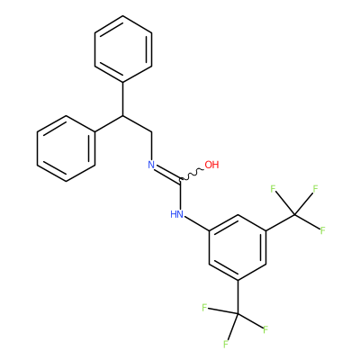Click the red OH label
[x=211, y=165]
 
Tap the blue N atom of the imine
[x=151, y=165]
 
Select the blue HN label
[x=176, y=214]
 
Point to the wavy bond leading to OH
[x=192, y=175]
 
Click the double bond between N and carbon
[x=167, y=174]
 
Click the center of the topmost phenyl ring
[x=123, y=49]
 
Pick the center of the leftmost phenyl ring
[x=66, y=148]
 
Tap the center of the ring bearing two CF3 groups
[x=238, y=247]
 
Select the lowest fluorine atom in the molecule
[x=226, y=344]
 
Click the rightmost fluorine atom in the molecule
[x=323, y=230]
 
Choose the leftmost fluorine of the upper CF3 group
[x=273, y=189]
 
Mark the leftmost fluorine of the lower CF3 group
[x=204, y=308]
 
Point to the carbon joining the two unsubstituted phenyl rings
[x=123, y=115]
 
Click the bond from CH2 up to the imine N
[x=151, y=146]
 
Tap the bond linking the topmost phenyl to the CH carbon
[x=123, y=98]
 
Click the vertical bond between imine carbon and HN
[x=181, y=194]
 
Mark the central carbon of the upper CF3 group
[x=294, y=214]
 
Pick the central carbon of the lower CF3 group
[x=238, y=314]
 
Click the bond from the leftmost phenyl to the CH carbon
[x=109, y=123]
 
